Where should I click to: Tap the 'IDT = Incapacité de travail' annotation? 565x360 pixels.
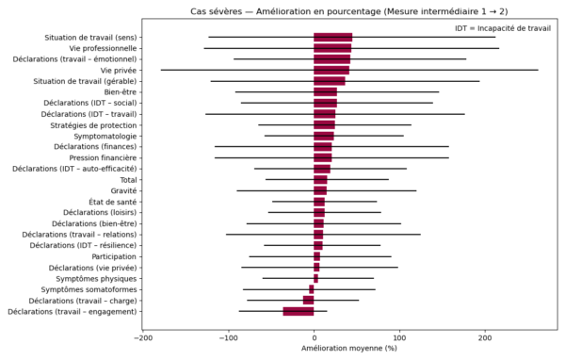pos(502,29)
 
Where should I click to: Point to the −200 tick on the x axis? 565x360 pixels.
pos(144,335)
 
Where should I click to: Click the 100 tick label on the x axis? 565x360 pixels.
pos(399,335)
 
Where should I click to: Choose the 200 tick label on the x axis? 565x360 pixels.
pos(485,335)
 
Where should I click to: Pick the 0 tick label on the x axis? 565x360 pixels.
pos(315,335)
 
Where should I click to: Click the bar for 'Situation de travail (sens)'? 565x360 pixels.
pos(332,38)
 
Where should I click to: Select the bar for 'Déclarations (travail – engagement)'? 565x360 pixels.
pos(299,311)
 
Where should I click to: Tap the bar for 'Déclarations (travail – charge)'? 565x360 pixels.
pos(309,300)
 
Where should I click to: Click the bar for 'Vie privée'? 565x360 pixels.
pos(331,70)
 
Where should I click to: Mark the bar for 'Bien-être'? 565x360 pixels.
pos(326,92)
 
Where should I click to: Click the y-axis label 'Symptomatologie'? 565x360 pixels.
pos(105,136)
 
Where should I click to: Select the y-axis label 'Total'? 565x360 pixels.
pos(129,180)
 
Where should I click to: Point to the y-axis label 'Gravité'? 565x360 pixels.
pos(124,190)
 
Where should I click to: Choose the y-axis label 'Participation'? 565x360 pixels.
pos(114,256)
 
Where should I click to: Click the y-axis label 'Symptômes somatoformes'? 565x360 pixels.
pos(88,289)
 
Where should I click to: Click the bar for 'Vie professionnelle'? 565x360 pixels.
pos(332,48)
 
